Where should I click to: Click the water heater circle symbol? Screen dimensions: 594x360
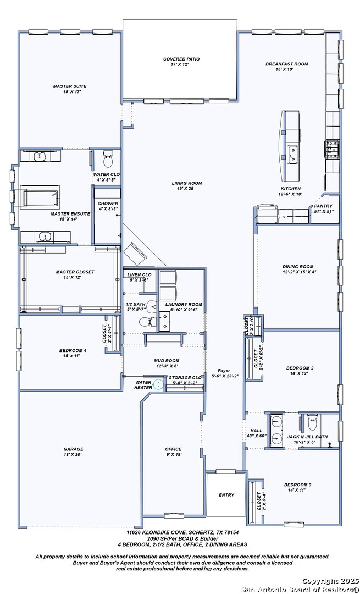tap(159, 384)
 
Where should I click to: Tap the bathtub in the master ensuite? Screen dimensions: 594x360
tap(41, 197)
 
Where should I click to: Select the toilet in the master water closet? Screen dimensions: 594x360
tap(108, 159)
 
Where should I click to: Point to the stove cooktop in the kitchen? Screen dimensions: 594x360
tap(332, 148)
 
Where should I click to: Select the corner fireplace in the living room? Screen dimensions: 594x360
tap(136, 254)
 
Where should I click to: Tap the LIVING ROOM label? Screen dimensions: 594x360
tap(186, 183)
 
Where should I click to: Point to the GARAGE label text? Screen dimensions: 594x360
tap(73, 449)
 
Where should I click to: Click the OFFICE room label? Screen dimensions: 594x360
tap(173, 449)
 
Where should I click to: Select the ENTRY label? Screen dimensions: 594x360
tap(226, 495)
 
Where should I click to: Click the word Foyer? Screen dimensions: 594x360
tap(225, 370)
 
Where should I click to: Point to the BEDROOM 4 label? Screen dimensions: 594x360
tap(73, 350)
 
